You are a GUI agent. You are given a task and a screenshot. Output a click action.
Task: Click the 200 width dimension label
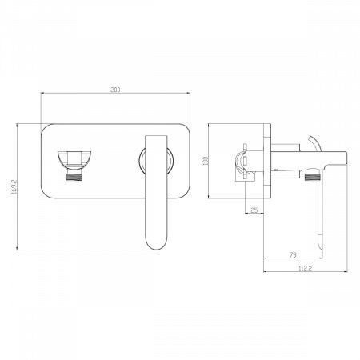point(115,90)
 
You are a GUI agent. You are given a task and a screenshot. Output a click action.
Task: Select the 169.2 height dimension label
point(14,186)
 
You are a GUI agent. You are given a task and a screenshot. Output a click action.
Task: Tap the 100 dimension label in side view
point(206,161)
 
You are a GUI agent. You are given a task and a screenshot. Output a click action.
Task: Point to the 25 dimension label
point(254,210)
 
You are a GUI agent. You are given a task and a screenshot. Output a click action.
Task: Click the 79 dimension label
point(293,255)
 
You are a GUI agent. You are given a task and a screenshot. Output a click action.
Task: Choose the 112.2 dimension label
point(306,269)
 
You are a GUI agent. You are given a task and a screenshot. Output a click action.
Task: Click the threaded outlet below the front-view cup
point(74,177)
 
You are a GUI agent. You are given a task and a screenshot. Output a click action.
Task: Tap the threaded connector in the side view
point(312,177)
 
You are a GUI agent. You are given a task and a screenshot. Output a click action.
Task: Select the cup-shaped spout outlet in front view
point(74,161)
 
